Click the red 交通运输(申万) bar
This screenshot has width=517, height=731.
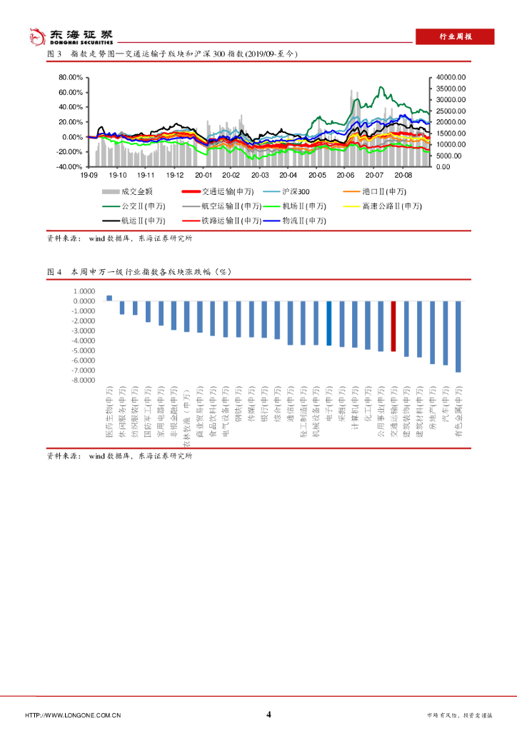(x=393, y=326)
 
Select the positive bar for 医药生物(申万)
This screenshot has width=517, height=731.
(x=109, y=298)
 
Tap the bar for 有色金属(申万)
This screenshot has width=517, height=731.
(x=458, y=336)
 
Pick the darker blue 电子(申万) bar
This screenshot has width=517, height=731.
(x=328, y=323)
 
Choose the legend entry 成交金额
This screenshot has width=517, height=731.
(x=133, y=191)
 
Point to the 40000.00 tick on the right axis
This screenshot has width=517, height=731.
(x=450, y=77)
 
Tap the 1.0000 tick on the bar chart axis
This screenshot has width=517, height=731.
(x=85, y=291)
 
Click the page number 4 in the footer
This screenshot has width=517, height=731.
(x=268, y=715)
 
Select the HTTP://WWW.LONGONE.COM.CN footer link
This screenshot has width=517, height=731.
(x=73, y=715)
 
